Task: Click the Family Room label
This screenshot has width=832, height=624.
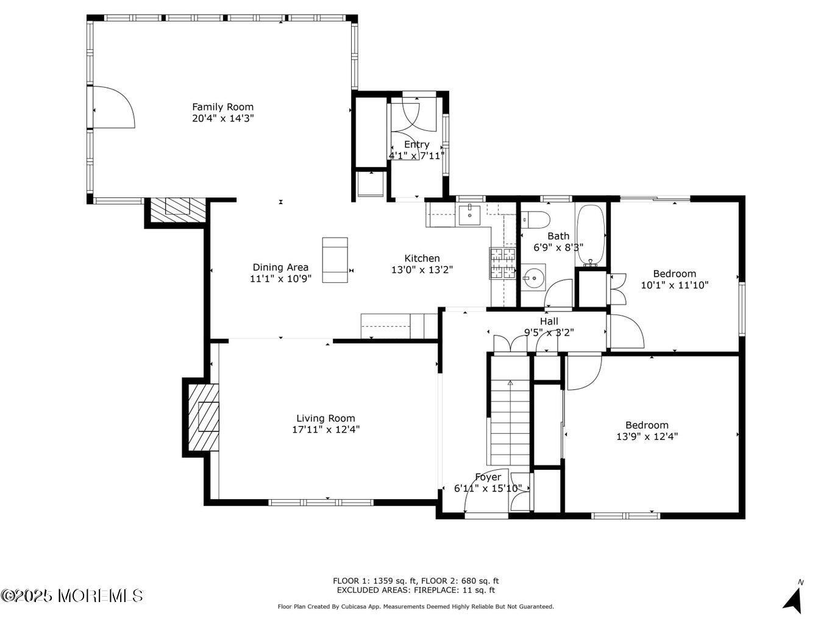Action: (x=222, y=107)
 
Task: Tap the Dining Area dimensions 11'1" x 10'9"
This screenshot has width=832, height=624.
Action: (x=280, y=279)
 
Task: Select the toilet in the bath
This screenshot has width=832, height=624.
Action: (x=536, y=220)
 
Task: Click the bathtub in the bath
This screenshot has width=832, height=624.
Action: (x=590, y=235)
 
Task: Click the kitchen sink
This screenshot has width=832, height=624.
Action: (x=469, y=215)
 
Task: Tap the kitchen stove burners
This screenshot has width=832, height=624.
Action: (x=503, y=263)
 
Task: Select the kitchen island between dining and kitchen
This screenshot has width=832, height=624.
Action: (x=335, y=260)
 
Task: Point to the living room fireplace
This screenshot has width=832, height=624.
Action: (x=204, y=417)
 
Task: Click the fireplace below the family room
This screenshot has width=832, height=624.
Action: (x=178, y=210)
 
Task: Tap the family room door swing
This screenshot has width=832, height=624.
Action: (x=114, y=107)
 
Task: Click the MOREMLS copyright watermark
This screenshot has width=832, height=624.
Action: (x=72, y=596)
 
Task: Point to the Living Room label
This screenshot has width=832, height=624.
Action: (x=325, y=418)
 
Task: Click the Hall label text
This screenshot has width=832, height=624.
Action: (x=549, y=321)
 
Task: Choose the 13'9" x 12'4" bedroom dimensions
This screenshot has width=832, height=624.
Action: (x=647, y=436)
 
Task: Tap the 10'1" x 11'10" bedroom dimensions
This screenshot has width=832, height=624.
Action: (x=675, y=285)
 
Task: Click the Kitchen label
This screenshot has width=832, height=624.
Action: (x=422, y=258)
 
